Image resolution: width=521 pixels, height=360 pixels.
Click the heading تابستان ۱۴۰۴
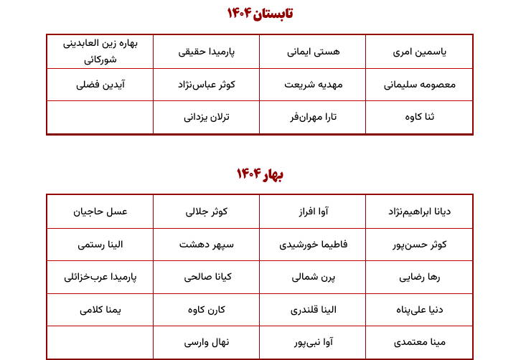point(260,13)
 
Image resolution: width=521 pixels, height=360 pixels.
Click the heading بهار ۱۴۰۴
point(260,174)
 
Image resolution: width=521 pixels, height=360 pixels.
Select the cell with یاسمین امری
point(420,52)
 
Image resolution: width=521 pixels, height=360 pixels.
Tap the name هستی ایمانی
point(314,52)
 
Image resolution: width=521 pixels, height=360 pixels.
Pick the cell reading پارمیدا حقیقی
point(207,52)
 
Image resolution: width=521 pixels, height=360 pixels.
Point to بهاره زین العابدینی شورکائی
point(100,51)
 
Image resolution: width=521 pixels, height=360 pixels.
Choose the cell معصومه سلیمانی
point(420,85)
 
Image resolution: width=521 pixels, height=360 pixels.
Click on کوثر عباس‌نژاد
point(207,85)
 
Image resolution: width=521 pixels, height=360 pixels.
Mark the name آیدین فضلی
point(100,85)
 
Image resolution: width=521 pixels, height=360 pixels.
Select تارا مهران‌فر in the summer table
point(314,117)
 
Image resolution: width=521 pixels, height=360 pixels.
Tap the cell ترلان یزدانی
point(207,117)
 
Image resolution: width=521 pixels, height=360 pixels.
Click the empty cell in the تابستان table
point(100,117)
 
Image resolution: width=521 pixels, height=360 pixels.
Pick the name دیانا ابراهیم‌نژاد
point(420,212)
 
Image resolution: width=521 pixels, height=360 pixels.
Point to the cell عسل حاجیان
point(100,212)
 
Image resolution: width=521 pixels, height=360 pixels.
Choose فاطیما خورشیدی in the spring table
point(314,245)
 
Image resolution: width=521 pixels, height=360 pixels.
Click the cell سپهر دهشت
point(207,245)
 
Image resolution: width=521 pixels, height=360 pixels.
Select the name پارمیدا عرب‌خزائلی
point(100,277)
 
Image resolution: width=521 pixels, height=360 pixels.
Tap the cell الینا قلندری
point(314,310)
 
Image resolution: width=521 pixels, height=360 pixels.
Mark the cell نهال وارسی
point(207,342)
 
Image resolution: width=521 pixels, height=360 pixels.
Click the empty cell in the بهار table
point(100,342)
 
